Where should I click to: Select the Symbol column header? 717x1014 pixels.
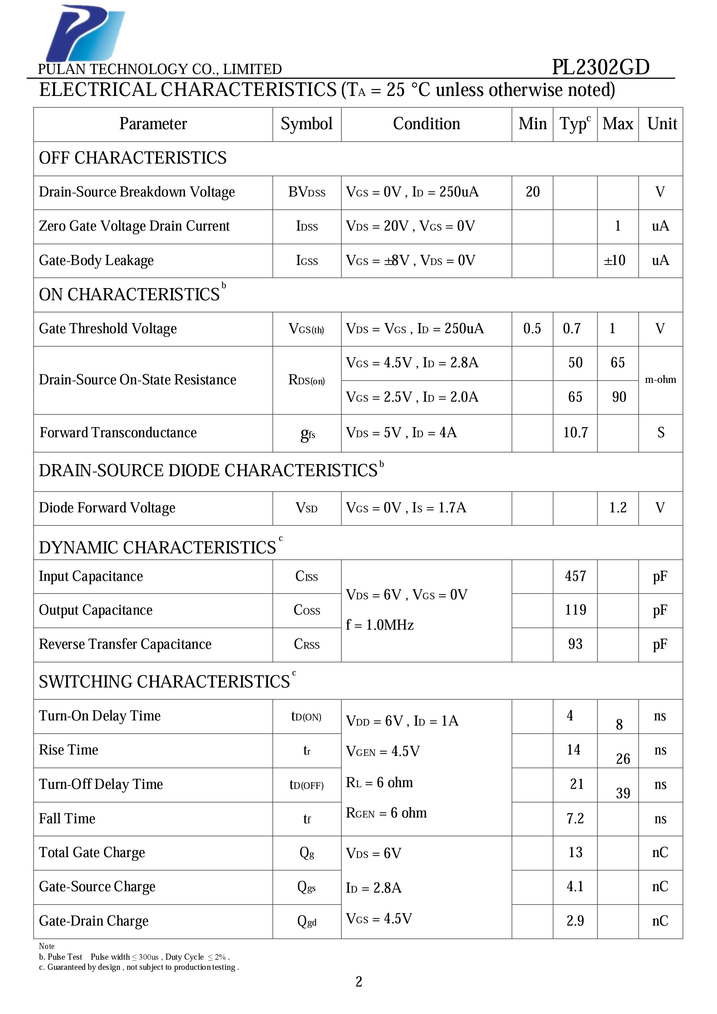tap(306, 124)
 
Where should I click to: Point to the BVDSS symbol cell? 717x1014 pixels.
tap(306, 192)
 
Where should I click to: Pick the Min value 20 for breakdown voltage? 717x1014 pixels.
tap(532, 192)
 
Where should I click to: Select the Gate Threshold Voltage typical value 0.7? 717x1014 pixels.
tap(572, 329)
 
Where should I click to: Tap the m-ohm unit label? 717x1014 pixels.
tap(660, 380)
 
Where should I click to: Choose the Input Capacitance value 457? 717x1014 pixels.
tap(575, 576)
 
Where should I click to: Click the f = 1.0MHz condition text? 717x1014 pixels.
tap(380, 625)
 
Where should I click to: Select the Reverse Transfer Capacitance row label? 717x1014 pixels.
tap(125, 644)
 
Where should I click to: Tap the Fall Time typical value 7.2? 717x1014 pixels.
tap(575, 819)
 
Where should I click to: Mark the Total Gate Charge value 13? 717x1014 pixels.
tap(575, 852)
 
